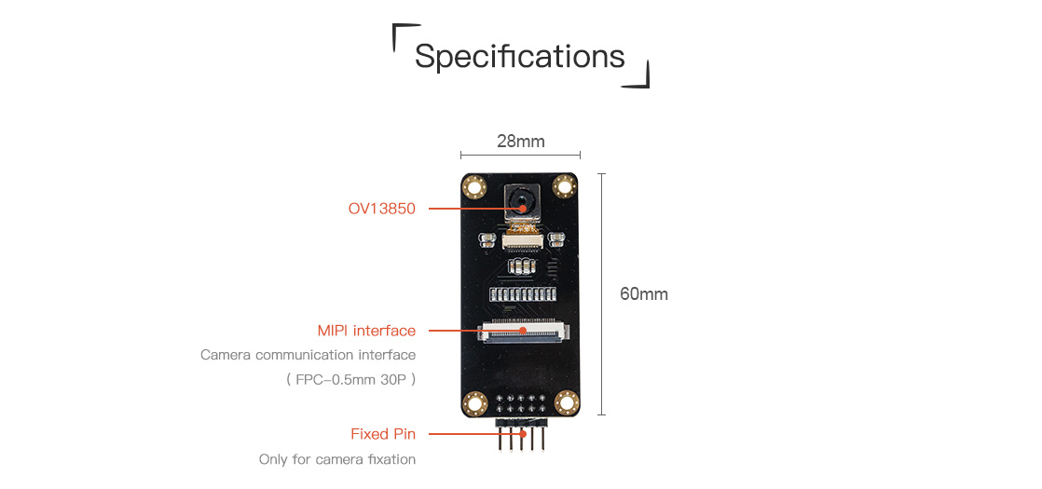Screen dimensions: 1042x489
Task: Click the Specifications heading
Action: [x=520, y=57]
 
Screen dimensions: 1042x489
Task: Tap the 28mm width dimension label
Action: [x=520, y=141]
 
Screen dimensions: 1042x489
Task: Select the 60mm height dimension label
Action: [x=644, y=293]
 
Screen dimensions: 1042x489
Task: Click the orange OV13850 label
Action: [x=382, y=209]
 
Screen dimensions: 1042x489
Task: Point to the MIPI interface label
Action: [x=366, y=331]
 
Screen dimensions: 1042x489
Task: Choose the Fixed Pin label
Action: [x=383, y=435]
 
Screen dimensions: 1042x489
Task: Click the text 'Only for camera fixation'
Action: [x=337, y=459]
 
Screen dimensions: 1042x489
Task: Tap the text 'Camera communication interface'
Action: [x=308, y=355]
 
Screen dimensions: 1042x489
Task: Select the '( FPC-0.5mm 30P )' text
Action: [x=350, y=381]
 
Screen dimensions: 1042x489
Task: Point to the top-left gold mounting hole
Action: [x=475, y=186]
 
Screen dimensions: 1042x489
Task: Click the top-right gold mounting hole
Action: [x=564, y=186]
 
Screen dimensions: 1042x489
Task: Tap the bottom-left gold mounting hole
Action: [x=475, y=402]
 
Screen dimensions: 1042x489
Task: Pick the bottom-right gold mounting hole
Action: [x=566, y=402]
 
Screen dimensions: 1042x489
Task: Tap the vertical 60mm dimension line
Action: [x=601, y=294]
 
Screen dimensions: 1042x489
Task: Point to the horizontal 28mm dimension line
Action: [x=520, y=156]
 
